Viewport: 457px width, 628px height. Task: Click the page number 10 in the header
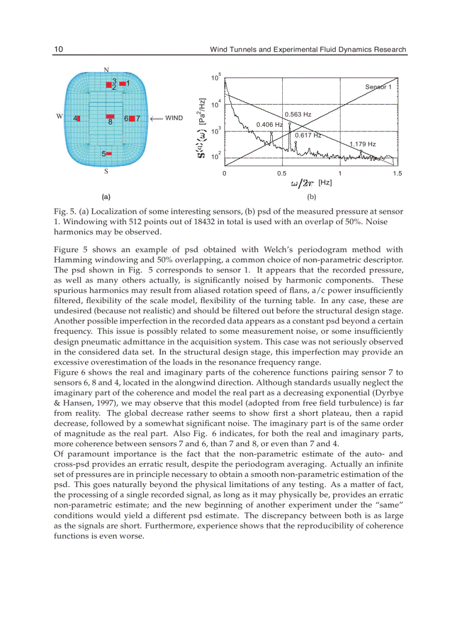pyautogui.click(x=58, y=49)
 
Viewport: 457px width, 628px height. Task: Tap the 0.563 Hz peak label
pyautogui.click(x=298, y=115)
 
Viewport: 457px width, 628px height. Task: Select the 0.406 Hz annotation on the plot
pyautogui.click(x=269, y=124)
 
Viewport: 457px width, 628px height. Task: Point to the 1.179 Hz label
pyautogui.click(x=362, y=144)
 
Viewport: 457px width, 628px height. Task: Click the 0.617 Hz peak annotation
pyautogui.click(x=308, y=135)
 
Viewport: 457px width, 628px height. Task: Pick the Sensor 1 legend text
pyautogui.click(x=381, y=87)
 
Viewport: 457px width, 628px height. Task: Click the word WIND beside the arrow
pyautogui.click(x=174, y=118)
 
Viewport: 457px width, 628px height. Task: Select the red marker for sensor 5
pyautogui.click(x=109, y=153)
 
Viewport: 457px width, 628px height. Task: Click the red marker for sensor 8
pyautogui.click(x=110, y=117)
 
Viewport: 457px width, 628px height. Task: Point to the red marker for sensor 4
pyautogui.click(x=79, y=119)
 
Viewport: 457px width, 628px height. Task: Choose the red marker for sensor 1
pyautogui.click(x=122, y=83)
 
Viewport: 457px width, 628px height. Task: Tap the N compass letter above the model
pyautogui.click(x=106, y=69)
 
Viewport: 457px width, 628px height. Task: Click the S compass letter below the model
pyautogui.click(x=106, y=172)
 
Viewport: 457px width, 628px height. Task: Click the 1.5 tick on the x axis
pyautogui.click(x=397, y=173)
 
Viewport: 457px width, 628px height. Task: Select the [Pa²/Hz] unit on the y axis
pyautogui.click(x=203, y=112)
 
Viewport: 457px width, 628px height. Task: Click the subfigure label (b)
pyautogui.click(x=311, y=197)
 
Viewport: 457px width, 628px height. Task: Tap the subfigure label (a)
pyautogui.click(x=106, y=197)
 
